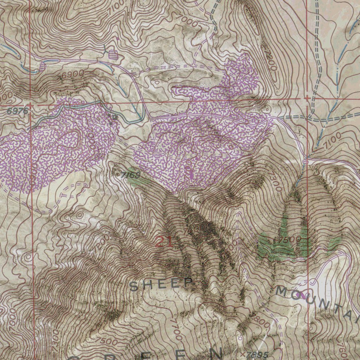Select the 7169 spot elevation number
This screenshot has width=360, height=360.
(x=130, y=175)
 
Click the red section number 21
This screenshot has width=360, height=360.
(x=164, y=242)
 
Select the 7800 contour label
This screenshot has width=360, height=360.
(x=260, y=320)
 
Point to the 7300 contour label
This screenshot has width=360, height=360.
(x=275, y=183)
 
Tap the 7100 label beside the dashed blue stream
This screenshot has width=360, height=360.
(x=332, y=140)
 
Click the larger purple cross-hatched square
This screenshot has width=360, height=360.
(x=113, y=54)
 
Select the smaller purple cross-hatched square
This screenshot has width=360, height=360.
(x=42, y=66)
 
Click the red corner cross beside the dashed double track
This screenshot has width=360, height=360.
(x=308, y=98)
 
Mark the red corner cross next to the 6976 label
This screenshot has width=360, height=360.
(x=31, y=104)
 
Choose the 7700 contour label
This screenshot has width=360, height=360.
(x=176, y=329)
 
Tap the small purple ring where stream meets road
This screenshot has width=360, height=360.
(x=305, y=161)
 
